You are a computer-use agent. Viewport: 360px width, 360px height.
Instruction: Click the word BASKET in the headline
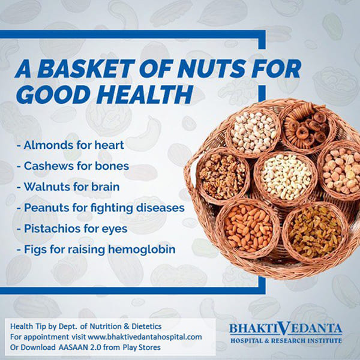[x=86, y=68]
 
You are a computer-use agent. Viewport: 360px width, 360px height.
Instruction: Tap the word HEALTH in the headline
[x=145, y=94]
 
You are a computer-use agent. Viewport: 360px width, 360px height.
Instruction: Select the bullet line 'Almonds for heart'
[x=70, y=145]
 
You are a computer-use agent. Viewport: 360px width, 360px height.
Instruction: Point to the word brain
[x=106, y=187]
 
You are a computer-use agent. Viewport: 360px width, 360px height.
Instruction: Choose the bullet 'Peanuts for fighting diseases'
[x=101, y=208]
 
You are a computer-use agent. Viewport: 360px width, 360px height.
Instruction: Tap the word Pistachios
[x=52, y=229]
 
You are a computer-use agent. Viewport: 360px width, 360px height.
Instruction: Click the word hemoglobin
[x=142, y=250]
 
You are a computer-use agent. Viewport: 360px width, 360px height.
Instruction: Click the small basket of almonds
[x=248, y=229]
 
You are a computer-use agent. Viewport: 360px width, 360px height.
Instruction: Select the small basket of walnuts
[x=222, y=176]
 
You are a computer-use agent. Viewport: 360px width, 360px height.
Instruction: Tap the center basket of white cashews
[x=286, y=178]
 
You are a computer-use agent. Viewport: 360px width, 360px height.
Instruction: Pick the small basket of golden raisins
[x=315, y=232]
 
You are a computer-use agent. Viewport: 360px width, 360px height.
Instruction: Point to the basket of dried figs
[x=308, y=128]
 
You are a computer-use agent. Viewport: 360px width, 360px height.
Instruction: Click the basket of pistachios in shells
[x=253, y=133]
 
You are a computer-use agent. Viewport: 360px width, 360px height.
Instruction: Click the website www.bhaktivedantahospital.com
[x=145, y=337]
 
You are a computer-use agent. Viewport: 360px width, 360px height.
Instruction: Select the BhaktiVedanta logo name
[x=286, y=328]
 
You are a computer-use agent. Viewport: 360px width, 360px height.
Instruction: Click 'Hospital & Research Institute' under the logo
[x=286, y=340]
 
